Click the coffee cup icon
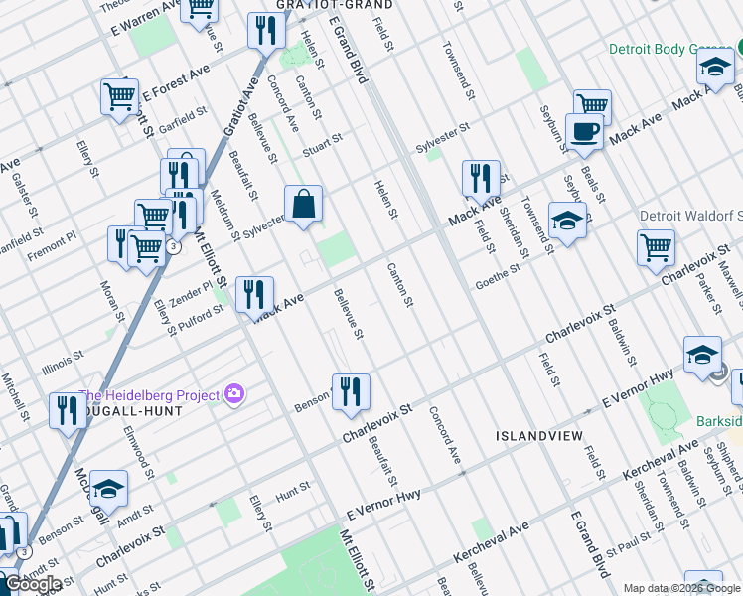[584, 132]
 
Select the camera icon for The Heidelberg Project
[233, 394]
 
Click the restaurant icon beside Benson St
[350, 391]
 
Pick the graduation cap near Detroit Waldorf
[567, 220]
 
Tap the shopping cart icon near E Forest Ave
[119, 97]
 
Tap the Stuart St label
[323, 142]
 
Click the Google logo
[33, 584]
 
